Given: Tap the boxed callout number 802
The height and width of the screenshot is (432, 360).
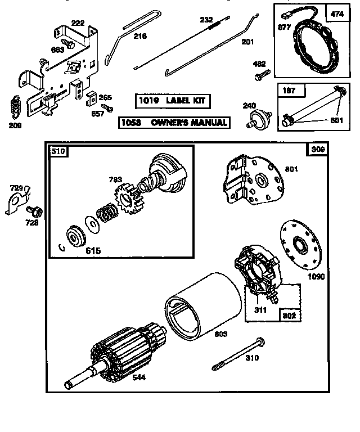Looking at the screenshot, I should click(x=289, y=316).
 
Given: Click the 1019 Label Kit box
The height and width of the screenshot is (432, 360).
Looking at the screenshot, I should click(x=173, y=101).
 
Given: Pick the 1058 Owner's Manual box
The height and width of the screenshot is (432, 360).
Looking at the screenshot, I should click(x=174, y=122).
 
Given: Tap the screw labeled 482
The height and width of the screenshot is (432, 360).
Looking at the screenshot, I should click(x=263, y=74).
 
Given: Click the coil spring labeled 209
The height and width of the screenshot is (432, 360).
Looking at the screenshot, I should click(x=17, y=105).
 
